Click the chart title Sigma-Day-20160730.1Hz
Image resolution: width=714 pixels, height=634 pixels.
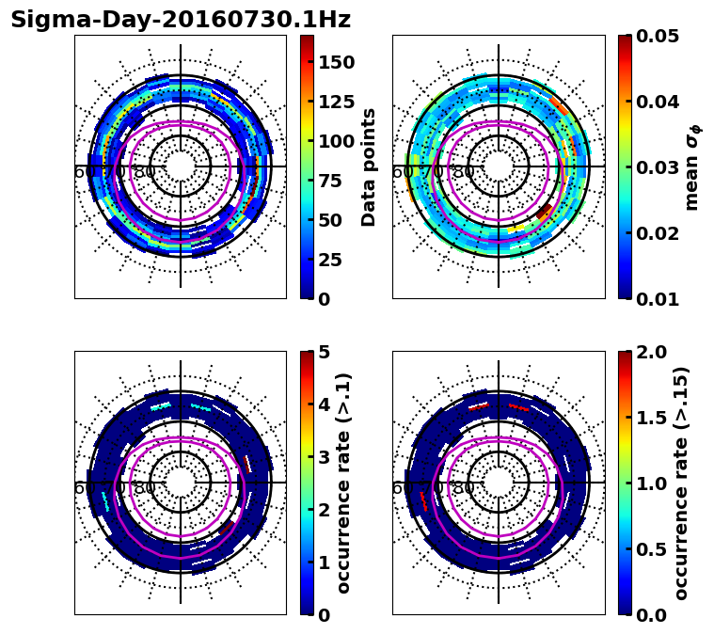coord(181,21)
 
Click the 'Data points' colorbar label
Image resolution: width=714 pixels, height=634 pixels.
coord(369,167)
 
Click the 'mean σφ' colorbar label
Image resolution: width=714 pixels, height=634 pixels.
coord(692,167)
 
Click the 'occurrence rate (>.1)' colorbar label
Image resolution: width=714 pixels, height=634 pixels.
coord(344,483)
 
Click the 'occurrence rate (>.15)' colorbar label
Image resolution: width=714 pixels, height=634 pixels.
coord(682,483)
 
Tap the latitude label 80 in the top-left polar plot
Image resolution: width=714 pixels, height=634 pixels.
coord(145,172)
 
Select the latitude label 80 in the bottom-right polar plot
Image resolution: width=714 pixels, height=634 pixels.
coord(463,488)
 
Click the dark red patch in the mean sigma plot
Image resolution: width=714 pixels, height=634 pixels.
coord(544,211)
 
